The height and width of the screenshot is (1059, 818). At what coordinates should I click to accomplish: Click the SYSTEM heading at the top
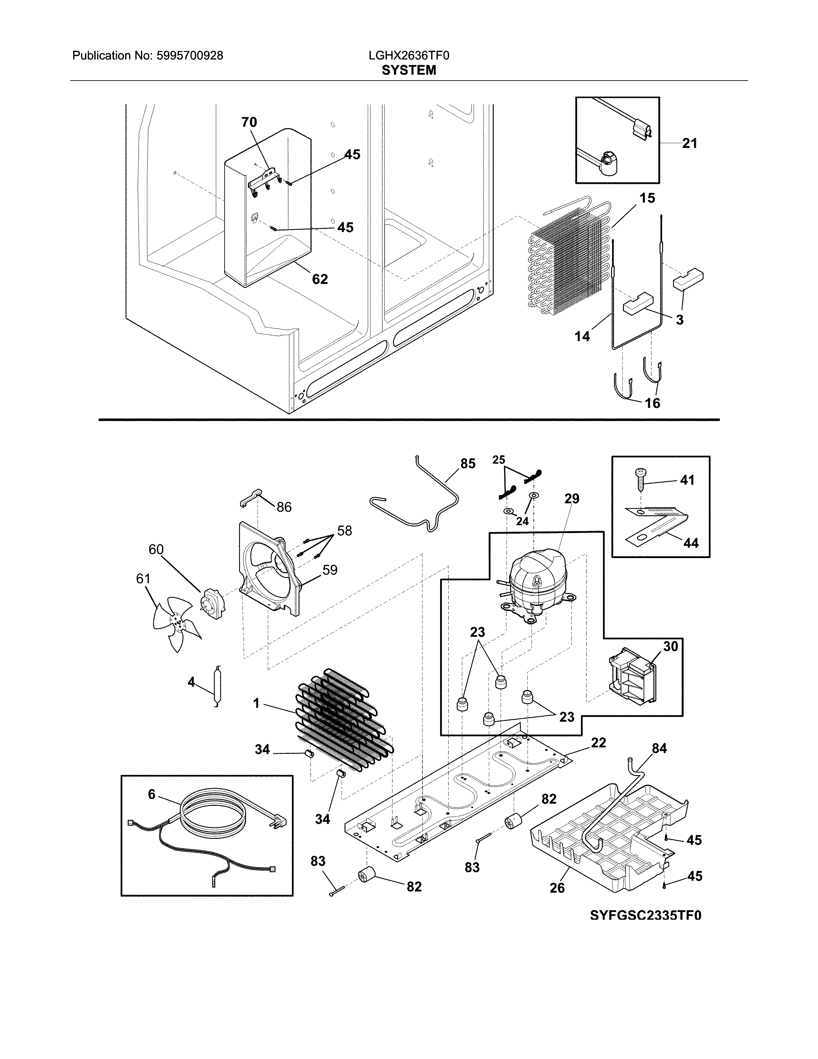tap(408, 70)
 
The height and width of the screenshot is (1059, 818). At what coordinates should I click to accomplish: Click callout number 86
tap(284, 507)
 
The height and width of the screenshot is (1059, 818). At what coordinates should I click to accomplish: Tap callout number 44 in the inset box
tap(691, 543)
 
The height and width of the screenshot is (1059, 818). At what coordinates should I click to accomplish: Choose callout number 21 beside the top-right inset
tap(690, 143)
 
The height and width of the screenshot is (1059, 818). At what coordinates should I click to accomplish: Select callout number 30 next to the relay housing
tap(671, 646)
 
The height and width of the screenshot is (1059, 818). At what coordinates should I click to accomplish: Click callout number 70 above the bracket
tap(249, 122)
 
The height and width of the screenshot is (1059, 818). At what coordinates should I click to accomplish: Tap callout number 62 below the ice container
tap(320, 279)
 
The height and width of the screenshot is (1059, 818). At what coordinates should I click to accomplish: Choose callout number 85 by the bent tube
tap(468, 464)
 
